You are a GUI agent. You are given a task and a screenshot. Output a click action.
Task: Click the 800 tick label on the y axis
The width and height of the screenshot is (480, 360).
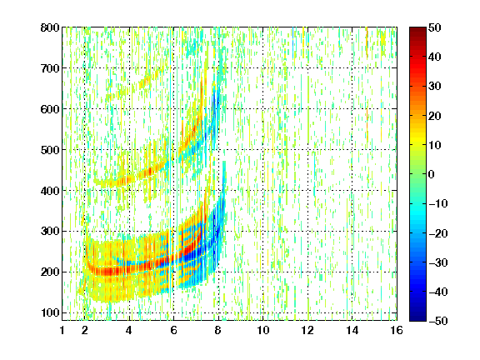[x=50, y=27]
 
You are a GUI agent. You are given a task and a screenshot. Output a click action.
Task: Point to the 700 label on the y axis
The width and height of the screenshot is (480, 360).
[x=50, y=68]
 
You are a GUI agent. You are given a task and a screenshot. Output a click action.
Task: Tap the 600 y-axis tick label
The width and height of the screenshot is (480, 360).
[x=50, y=109]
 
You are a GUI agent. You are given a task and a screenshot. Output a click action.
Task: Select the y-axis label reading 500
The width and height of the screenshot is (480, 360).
[x=50, y=150]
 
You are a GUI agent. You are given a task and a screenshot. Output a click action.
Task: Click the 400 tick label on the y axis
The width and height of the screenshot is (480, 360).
[x=50, y=191]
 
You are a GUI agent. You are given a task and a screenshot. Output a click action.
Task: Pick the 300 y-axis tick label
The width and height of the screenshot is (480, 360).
[x=50, y=232]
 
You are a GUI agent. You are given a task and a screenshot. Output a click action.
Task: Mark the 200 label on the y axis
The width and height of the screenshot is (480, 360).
[x=50, y=272]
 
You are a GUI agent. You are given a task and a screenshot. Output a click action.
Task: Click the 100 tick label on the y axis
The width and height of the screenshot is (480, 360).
[x=50, y=312]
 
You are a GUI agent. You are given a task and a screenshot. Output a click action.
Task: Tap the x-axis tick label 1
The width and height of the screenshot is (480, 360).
[x=62, y=330]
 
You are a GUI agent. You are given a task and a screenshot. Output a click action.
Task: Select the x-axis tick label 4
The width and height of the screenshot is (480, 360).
[x=129, y=330]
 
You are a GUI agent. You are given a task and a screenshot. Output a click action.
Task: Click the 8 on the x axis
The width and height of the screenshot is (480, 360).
[x=218, y=330]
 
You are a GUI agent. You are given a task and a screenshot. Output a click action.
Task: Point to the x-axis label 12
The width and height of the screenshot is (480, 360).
[x=307, y=330]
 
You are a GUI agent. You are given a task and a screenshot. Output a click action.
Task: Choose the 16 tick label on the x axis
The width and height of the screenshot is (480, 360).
[x=397, y=330]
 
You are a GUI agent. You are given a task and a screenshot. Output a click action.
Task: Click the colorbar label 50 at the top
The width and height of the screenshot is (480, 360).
[x=435, y=27]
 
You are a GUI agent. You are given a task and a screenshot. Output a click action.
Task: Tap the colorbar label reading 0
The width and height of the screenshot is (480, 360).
[x=432, y=174]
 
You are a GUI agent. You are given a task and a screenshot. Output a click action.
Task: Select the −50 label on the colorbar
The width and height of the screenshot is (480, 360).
[x=438, y=321]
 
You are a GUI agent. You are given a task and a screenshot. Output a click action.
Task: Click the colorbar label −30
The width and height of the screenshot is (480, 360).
[x=438, y=262]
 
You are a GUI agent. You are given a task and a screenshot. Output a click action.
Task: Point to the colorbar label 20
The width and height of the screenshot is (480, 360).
[x=435, y=116]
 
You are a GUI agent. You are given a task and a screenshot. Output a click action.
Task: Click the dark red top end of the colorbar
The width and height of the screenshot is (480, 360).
[x=417, y=29]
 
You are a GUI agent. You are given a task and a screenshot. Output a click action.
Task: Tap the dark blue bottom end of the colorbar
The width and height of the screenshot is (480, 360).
[x=417, y=319]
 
